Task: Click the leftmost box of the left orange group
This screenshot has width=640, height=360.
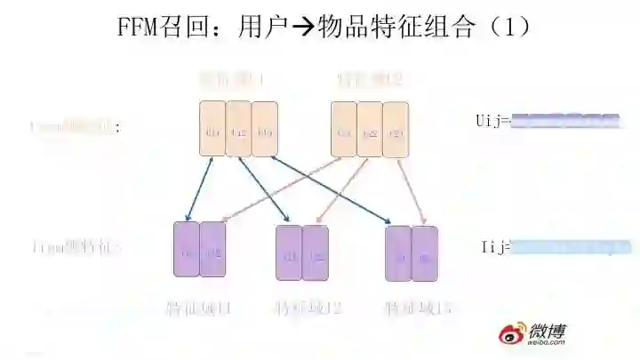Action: coord(212,130)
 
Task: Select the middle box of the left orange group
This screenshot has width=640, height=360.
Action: coord(238,130)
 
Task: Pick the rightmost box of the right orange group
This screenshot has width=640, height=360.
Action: coord(396,130)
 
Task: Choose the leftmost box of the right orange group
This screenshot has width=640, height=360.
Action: coord(345,130)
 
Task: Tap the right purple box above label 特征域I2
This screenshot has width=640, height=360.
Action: coord(316,253)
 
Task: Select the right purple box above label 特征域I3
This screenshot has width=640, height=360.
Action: coord(425,253)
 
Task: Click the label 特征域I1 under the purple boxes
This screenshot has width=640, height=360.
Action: coord(199,309)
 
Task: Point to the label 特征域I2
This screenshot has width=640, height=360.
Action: coord(308,309)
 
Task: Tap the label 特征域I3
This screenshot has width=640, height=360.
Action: coord(418,309)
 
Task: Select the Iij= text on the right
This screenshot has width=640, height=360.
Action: coord(496,247)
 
